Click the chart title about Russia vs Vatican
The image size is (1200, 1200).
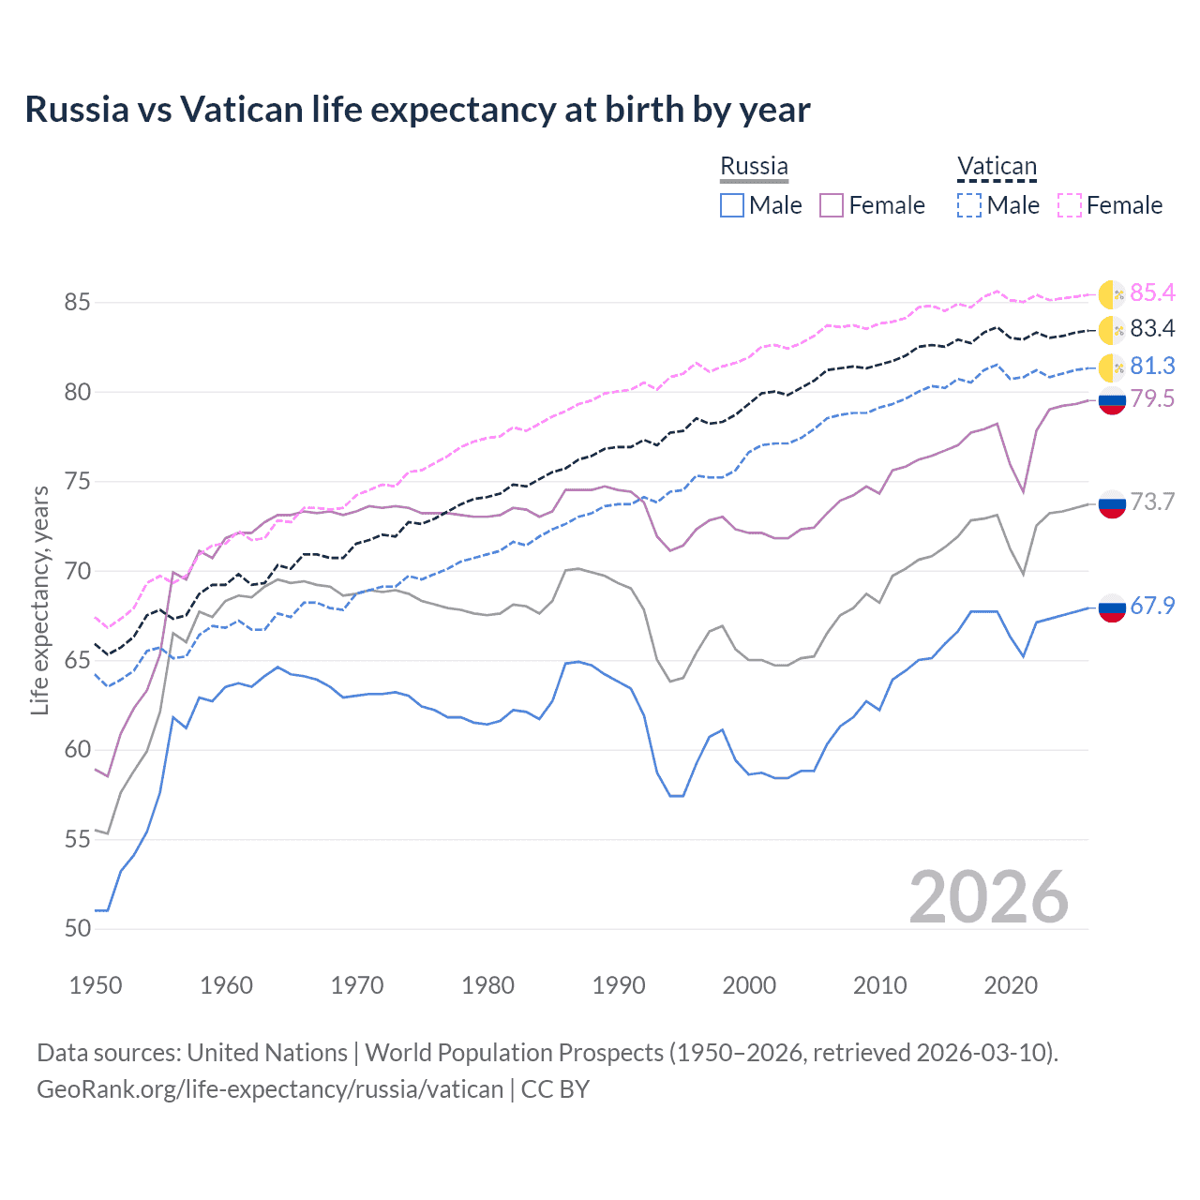(x=417, y=110)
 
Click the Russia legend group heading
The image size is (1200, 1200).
(x=754, y=166)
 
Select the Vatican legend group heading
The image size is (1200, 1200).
(x=997, y=167)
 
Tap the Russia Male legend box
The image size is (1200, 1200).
(x=732, y=205)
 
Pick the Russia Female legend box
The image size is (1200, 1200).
(x=832, y=205)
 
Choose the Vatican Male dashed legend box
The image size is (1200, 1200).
(x=969, y=205)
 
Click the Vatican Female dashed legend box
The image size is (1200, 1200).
(x=1070, y=205)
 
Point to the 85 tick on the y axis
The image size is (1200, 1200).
(x=78, y=303)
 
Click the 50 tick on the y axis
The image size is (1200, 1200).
(x=78, y=929)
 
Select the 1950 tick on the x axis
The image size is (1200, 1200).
(x=96, y=985)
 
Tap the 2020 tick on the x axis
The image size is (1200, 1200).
(x=1011, y=985)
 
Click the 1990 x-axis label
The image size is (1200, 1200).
(x=619, y=985)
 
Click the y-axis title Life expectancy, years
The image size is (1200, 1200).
(x=40, y=600)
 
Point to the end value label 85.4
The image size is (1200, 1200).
(x=1152, y=293)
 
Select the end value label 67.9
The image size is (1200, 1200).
(x=1152, y=607)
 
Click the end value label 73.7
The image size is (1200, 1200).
(x=1152, y=502)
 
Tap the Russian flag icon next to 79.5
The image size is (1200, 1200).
(x=1112, y=400)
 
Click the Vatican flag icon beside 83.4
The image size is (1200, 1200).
(x=1112, y=330)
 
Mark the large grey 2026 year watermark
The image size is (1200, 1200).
(x=988, y=897)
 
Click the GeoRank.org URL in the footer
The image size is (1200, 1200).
(x=270, y=1089)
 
